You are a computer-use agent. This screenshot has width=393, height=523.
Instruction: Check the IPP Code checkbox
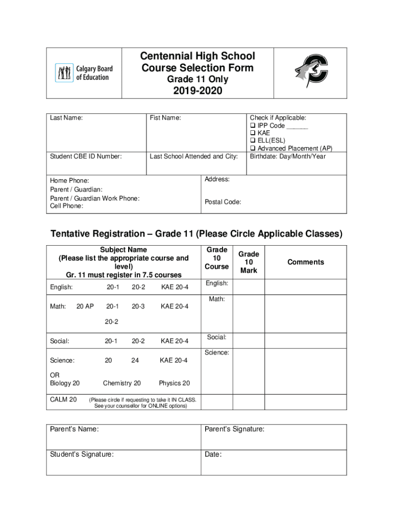click(253, 126)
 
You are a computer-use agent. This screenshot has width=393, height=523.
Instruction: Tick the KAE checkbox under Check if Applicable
click(253, 133)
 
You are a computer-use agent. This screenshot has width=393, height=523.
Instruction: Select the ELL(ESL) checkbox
click(253, 141)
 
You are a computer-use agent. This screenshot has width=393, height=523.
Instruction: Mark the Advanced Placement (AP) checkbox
click(253, 149)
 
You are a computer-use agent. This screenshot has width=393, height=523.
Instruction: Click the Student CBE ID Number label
click(86, 156)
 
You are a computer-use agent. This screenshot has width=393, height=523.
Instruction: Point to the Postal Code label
click(223, 202)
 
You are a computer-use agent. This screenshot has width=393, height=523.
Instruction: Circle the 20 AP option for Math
click(85, 306)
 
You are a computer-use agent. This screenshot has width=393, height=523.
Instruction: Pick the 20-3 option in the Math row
click(138, 306)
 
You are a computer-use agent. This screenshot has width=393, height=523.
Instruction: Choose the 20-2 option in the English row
click(138, 287)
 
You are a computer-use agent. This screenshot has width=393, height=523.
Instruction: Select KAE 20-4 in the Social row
click(175, 341)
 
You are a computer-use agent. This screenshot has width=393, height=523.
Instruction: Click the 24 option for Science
click(135, 361)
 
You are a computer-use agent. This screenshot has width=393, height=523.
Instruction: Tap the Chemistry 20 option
click(122, 383)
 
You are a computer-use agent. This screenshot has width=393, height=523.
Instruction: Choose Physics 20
click(174, 383)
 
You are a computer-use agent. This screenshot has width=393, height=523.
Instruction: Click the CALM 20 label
click(63, 399)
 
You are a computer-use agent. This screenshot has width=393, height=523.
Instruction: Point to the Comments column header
click(305, 262)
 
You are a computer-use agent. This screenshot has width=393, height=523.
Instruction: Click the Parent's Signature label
click(234, 430)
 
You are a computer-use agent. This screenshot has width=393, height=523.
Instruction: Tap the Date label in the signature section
click(213, 454)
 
